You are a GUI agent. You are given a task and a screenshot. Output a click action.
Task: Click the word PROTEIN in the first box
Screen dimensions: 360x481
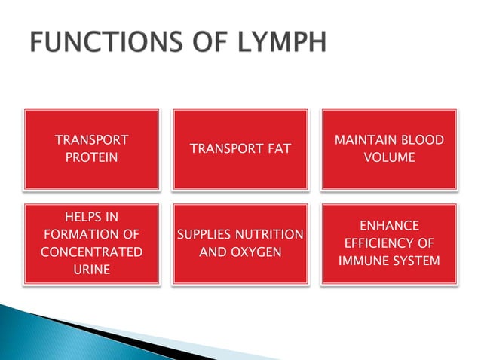91,157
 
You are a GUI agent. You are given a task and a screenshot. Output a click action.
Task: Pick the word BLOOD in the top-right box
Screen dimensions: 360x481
418,141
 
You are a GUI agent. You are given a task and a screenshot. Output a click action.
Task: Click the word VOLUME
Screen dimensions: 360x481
389,157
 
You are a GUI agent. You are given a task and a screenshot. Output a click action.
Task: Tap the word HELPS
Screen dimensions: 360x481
91,217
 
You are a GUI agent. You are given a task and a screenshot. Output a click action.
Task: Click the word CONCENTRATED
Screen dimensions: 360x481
91,252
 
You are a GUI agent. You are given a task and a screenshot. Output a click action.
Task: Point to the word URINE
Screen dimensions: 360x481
91,269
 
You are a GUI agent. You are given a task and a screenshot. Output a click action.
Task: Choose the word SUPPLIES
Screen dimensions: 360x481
207,235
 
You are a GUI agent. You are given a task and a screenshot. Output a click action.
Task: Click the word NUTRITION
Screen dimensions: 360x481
272,235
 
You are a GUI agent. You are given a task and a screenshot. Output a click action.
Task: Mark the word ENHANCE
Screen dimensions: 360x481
389,226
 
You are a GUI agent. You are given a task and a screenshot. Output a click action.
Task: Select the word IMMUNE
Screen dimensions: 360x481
362,261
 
